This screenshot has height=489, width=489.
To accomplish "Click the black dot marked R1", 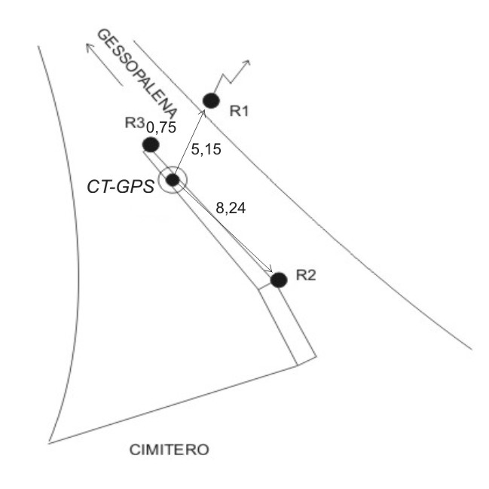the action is (x=211, y=101).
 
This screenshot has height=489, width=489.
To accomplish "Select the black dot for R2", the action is (x=279, y=280).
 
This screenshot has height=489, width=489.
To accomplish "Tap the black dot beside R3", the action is (x=151, y=145).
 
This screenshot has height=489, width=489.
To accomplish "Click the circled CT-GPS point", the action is (x=173, y=180).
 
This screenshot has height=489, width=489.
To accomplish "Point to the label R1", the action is (x=239, y=111).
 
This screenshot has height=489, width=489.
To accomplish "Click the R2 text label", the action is (x=306, y=275).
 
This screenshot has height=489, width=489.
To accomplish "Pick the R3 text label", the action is (x=134, y=123).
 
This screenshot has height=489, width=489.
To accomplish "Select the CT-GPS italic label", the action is (x=121, y=187).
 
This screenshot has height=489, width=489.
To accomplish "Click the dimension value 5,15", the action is (x=206, y=150).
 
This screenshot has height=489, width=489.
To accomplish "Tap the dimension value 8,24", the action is (x=231, y=208).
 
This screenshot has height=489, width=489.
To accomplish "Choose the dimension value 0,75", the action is (x=161, y=127).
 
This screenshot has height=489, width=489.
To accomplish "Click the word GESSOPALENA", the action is (x=137, y=74).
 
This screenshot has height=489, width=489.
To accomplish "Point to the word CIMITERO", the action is (x=169, y=450).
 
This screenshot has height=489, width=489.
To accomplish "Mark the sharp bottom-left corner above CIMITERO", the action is (x=49, y=443).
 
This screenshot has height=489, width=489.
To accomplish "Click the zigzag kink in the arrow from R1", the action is (x=230, y=83).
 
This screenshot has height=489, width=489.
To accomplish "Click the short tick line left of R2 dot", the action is (x=264, y=286).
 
